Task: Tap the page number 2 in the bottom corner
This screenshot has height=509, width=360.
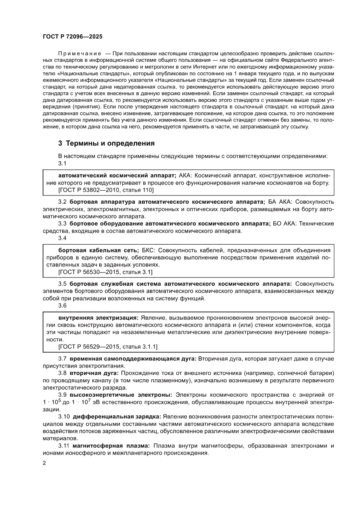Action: coord(44,463)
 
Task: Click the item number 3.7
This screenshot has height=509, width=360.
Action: coord(62,358)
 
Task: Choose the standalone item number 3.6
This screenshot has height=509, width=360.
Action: coord(62,306)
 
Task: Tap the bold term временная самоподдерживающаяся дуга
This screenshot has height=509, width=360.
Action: coord(132,358)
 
